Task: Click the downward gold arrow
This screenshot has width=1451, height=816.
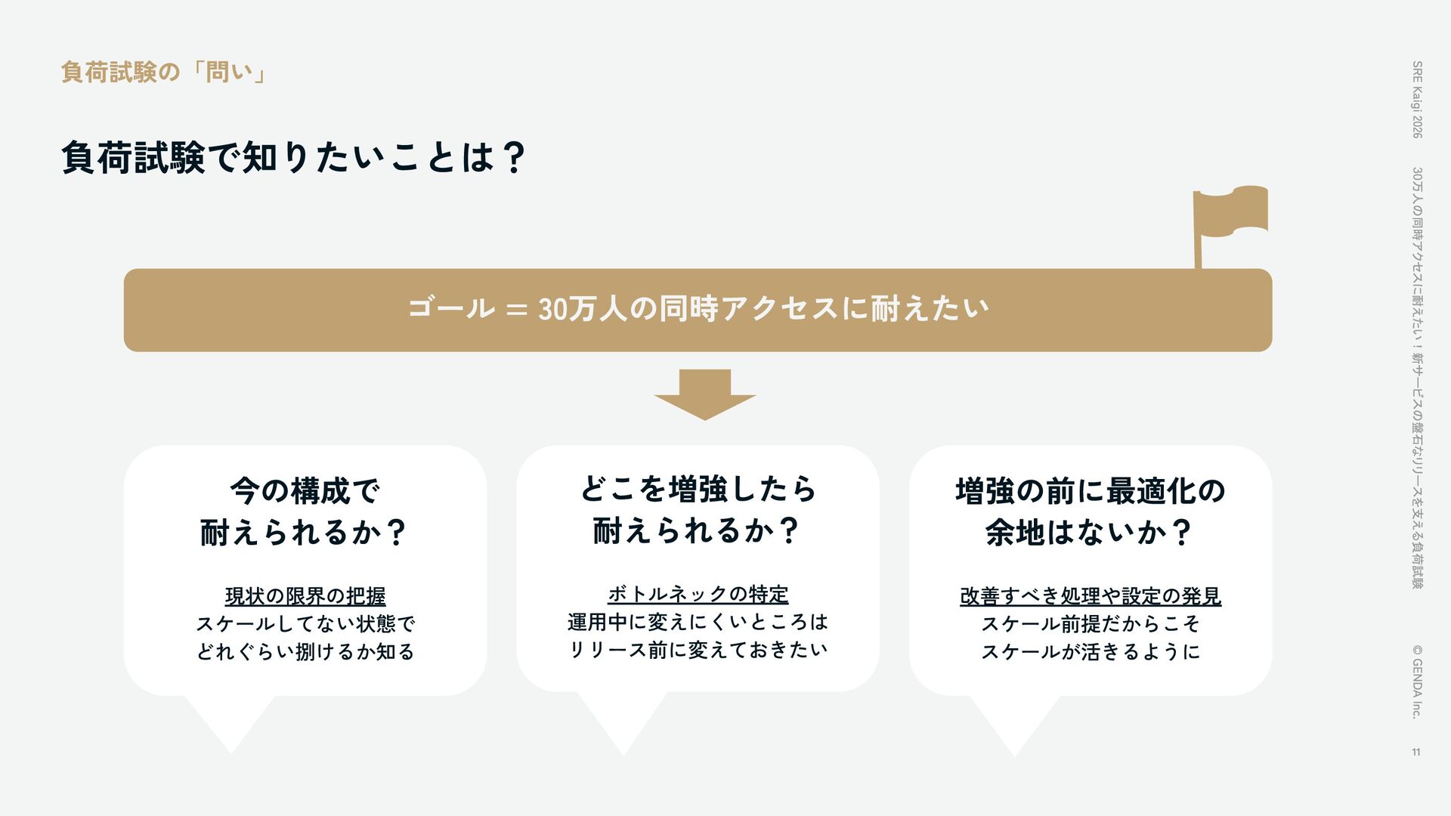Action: click(x=704, y=395)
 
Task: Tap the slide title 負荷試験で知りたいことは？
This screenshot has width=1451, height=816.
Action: click(x=293, y=157)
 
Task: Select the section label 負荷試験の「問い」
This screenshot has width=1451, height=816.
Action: click(x=162, y=73)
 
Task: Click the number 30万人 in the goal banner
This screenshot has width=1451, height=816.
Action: click(x=582, y=309)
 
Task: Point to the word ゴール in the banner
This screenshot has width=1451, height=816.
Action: click(x=451, y=309)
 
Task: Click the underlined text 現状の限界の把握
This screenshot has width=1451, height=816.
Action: click(x=305, y=596)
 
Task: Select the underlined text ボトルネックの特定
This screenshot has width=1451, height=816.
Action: click(x=698, y=594)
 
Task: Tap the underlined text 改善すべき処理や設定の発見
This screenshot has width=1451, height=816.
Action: click(x=1090, y=596)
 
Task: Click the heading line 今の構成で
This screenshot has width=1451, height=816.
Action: click(x=305, y=491)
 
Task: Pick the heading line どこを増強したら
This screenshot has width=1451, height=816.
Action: click(x=698, y=489)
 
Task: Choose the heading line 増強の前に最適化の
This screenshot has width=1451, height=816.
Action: click(x=1090, y=491)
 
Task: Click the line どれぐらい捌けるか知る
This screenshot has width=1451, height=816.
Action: click(x=305, y=651)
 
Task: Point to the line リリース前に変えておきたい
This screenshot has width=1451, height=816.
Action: click(x=698, y=649)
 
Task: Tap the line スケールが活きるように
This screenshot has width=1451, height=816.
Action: click(x=1090, y=651)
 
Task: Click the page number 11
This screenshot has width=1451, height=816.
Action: click(x=1416, y=752)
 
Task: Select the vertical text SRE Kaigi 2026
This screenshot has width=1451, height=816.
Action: click(x=1417, y=99)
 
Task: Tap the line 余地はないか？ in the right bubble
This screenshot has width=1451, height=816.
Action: click(x=1090, y=533)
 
